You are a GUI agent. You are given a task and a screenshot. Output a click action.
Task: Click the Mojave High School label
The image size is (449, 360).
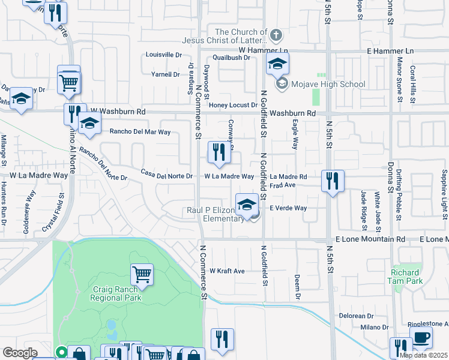point(328,84)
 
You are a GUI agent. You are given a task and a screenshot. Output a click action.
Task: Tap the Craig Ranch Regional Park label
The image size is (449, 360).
point(116,293)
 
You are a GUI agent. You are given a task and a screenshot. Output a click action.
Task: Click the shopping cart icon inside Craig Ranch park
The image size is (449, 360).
point(142,275)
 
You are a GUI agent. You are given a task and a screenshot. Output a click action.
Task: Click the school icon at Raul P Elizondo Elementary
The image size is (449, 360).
point(247,205)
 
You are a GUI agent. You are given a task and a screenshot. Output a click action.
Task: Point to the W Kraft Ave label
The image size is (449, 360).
point(227,271)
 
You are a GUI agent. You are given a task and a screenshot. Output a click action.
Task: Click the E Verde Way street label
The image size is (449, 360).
point(288,208)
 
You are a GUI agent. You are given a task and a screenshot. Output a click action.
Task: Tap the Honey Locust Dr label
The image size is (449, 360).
point(233,105)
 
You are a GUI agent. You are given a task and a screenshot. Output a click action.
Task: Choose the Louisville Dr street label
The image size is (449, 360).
point(164,55)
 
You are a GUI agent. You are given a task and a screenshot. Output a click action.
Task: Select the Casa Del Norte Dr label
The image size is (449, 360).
point(166,176)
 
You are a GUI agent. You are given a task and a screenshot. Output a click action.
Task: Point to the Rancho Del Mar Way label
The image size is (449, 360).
point(139,131)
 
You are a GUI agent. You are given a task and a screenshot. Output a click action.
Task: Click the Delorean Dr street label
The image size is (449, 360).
point(357,316)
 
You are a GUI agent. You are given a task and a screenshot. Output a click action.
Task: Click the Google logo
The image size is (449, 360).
point(20,353)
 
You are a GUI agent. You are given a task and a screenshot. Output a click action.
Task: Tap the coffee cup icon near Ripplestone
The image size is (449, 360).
point(421,337)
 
